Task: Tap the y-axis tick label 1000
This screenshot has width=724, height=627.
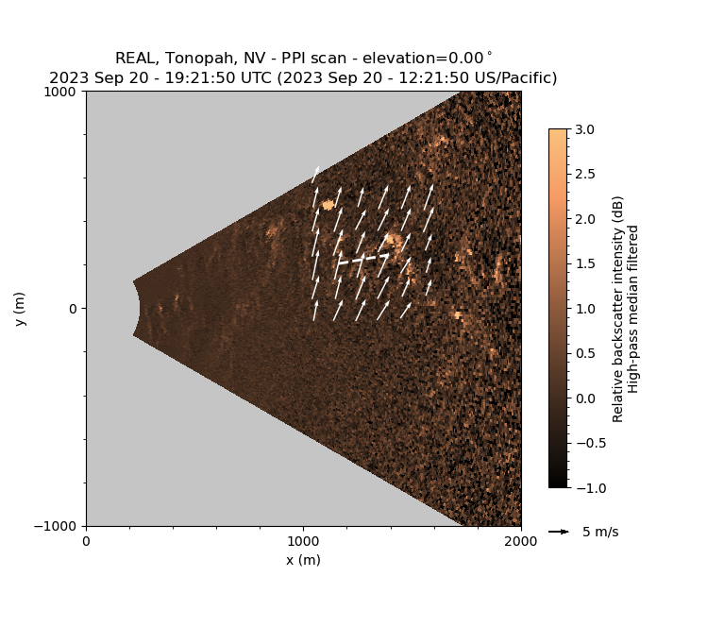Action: tap(64, 92)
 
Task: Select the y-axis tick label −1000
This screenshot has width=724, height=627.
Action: tap(60, 526)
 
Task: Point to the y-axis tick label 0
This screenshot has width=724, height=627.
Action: tap(76, 309)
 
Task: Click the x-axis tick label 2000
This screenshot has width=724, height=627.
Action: tap(521, 542)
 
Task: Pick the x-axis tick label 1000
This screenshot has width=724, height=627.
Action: tap(303, 542)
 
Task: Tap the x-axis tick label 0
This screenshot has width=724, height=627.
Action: tap(86, 542)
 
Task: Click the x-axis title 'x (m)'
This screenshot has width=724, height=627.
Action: tap(303, 560)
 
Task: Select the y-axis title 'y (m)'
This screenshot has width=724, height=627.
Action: tap(20, 309)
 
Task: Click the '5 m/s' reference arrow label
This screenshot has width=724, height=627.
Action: tap(600, 532)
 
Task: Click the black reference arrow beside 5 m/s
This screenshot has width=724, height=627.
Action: tap(559, 532)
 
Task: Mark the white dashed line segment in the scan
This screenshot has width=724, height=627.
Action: tap(363, 258)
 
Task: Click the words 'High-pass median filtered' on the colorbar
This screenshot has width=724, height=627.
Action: tap(634, 309)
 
